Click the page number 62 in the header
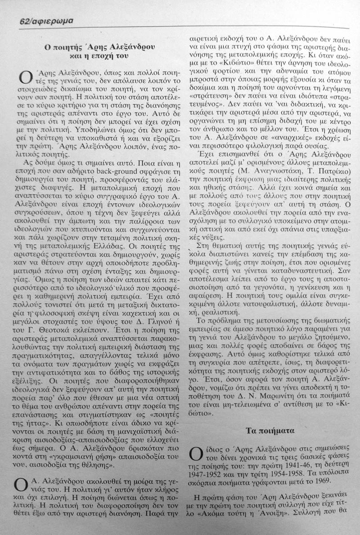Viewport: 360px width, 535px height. [x=25, y=20]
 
